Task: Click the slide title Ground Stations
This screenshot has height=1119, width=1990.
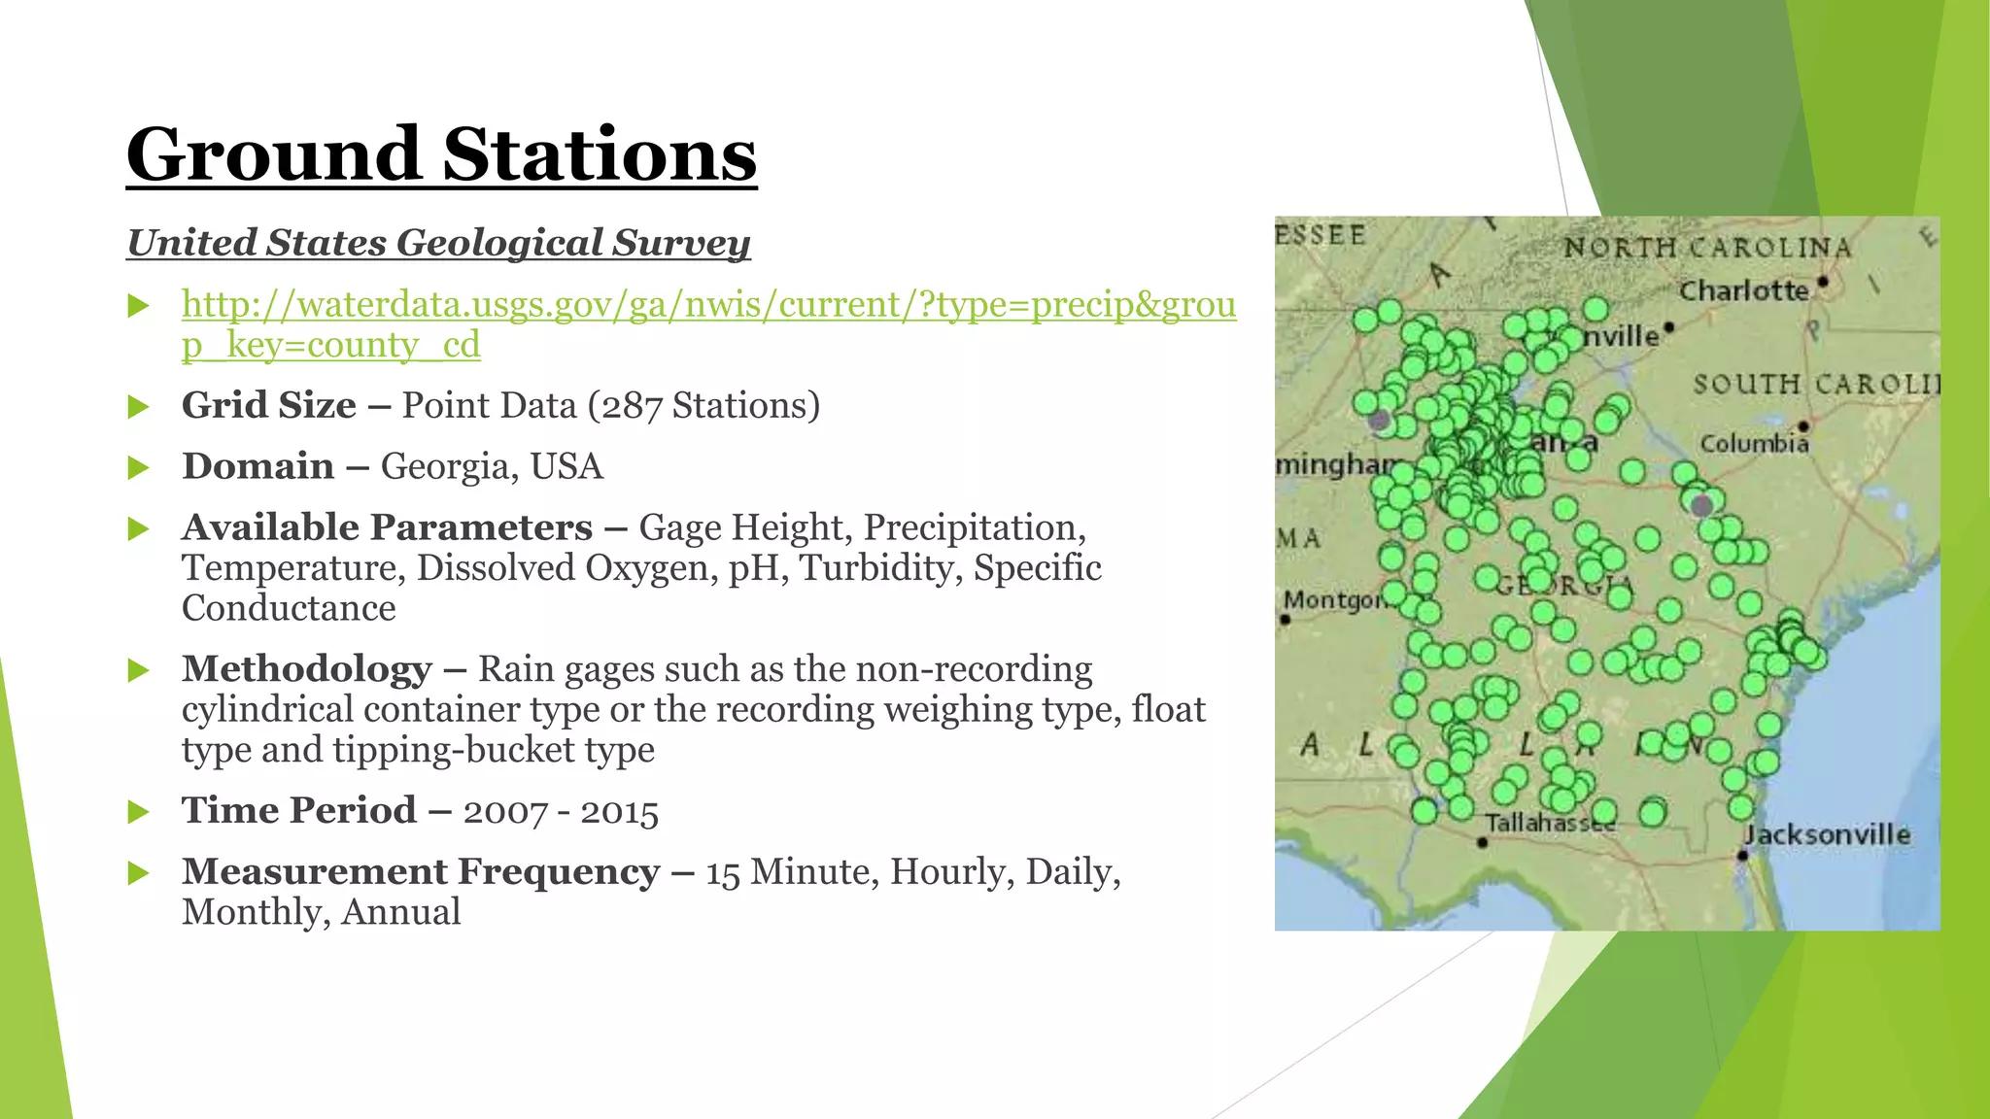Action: click(x=441, y=155)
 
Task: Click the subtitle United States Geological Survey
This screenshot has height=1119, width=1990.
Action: click(x=438, y=243)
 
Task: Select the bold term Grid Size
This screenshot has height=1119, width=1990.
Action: click(x=268, y=405)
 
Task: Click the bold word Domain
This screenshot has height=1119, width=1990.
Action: click(x=257, y=466)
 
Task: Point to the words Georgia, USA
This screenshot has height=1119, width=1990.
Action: click(x=492, y=466)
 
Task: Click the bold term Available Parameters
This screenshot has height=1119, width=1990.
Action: click(x=387, y=527)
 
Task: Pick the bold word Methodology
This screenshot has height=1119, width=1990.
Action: click(x=306, y=669)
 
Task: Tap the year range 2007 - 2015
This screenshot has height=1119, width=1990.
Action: click(x=561, y=811)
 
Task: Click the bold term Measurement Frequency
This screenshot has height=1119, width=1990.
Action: click(x=420, y=871)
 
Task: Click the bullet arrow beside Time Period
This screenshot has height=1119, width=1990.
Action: click(x=139, y=812)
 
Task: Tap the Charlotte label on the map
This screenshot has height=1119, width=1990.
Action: click(x=1743, y=290)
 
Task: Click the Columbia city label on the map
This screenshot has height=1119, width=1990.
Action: click(x=1754, y=444)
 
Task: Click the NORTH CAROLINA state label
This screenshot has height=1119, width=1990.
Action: click(x=1707, y=248)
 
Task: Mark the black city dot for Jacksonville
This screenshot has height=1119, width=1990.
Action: click(x=1742, y=856)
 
